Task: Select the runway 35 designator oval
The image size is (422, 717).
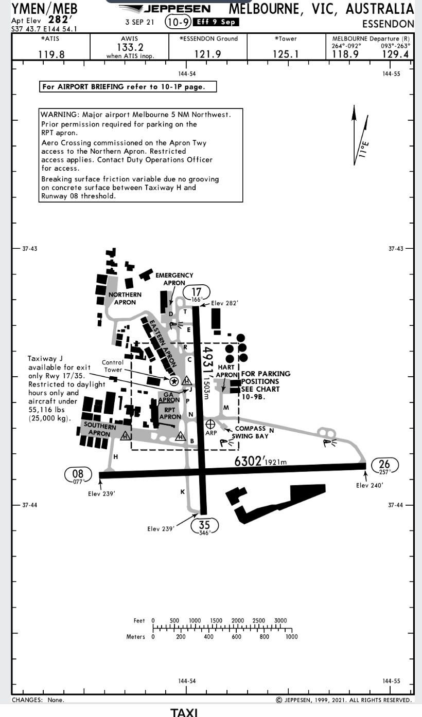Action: coord(204,525)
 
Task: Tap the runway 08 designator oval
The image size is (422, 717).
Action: coord(78,474)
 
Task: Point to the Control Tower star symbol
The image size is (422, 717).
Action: coord(174,380)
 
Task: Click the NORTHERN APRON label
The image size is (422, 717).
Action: coord(125,299)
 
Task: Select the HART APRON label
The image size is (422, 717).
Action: coord(226,371)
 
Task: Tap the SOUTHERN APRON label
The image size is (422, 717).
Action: coord(100,429)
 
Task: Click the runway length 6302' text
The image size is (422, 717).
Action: coord(249,461)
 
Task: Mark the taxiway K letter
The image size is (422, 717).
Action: coord(182,492)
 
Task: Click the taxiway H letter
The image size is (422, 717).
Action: coord(115,456)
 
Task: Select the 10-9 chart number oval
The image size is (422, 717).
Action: coord(178,23)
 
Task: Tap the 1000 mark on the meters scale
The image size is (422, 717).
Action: coord(291,637)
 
